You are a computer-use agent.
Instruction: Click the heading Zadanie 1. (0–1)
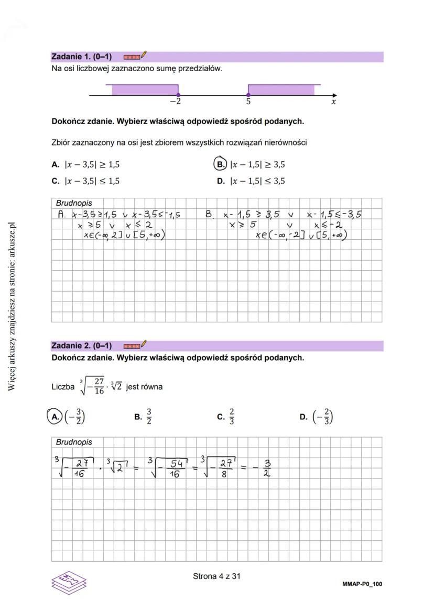pyautogui.click(x=81, y=57)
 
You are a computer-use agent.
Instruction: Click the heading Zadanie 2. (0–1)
pyautogui.click(x=81, y=346)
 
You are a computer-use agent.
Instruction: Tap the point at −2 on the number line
pyautogui.click(x=178, y=95)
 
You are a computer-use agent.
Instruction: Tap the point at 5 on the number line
pyautogui.click(x=248, y=95)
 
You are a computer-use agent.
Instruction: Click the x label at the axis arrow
pyautogui.click(x=333, y=102)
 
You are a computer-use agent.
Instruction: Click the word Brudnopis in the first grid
pyautogui.click(x=74, y=203)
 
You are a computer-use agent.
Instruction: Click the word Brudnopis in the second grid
pyautogui.click(x=74, y=442)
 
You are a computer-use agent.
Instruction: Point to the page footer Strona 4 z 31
pyautogui.click(x=216, y=576)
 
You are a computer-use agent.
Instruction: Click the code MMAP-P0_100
pyautogui.click(x=362, y=584)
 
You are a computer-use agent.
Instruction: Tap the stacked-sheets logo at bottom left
pyautogui.click(x=69, y=582)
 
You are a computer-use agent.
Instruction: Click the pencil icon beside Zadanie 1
pyautogui.click(x=144, y=54)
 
